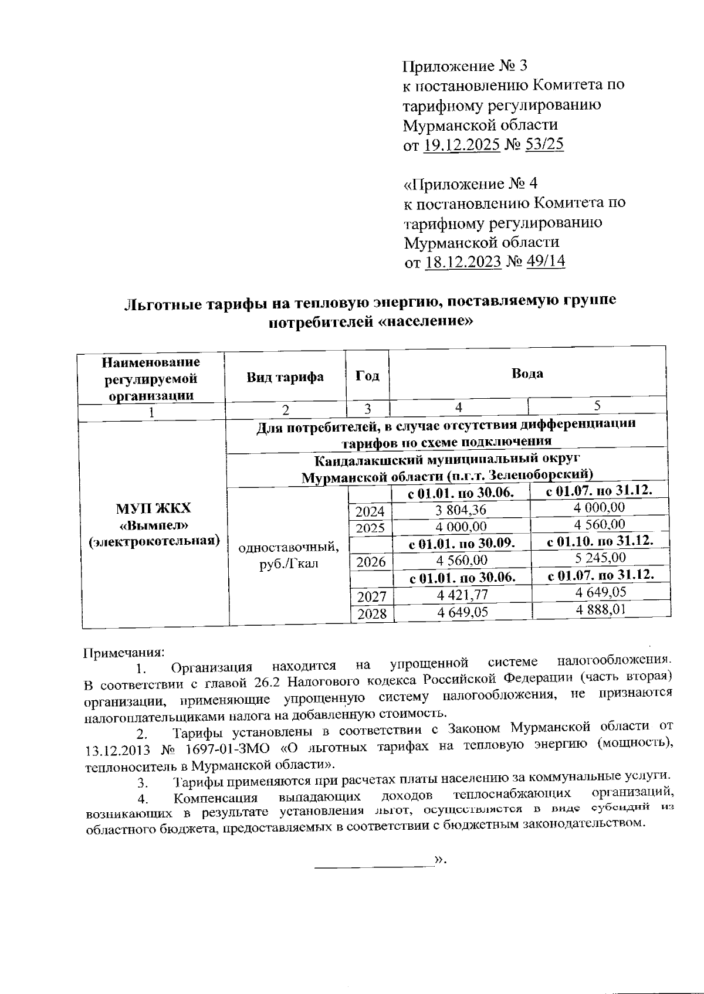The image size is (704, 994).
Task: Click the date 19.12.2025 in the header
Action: click(x=461, y=144)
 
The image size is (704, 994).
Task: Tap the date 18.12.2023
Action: click(x=462, y=262)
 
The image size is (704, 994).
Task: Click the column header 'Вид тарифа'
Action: click(x=285, y=376)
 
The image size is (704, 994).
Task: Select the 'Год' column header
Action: click(x=367, y=376)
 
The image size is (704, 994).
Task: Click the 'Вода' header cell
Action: click(x=527, y=374)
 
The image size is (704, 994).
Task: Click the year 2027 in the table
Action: click(x=371, y=597)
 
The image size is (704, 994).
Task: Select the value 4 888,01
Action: click(x=601, y=610)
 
